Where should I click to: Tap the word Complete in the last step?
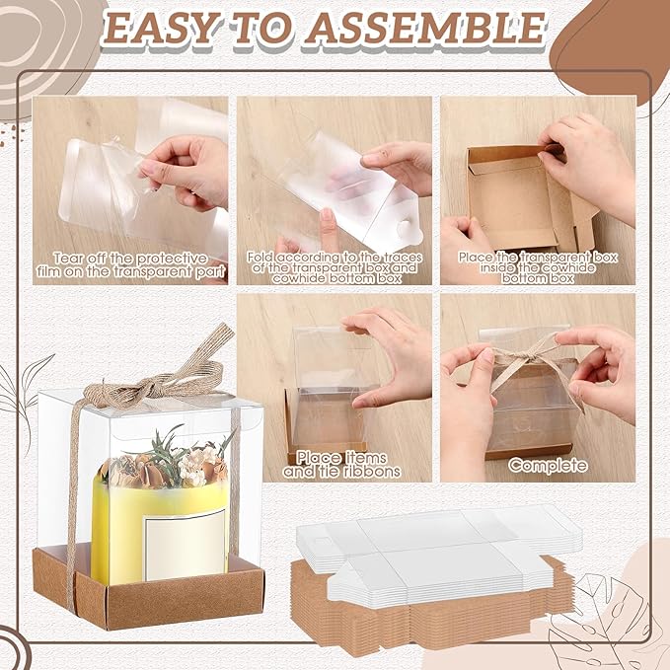(x=548, y=464)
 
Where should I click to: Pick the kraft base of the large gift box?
(x=148, y=597)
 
